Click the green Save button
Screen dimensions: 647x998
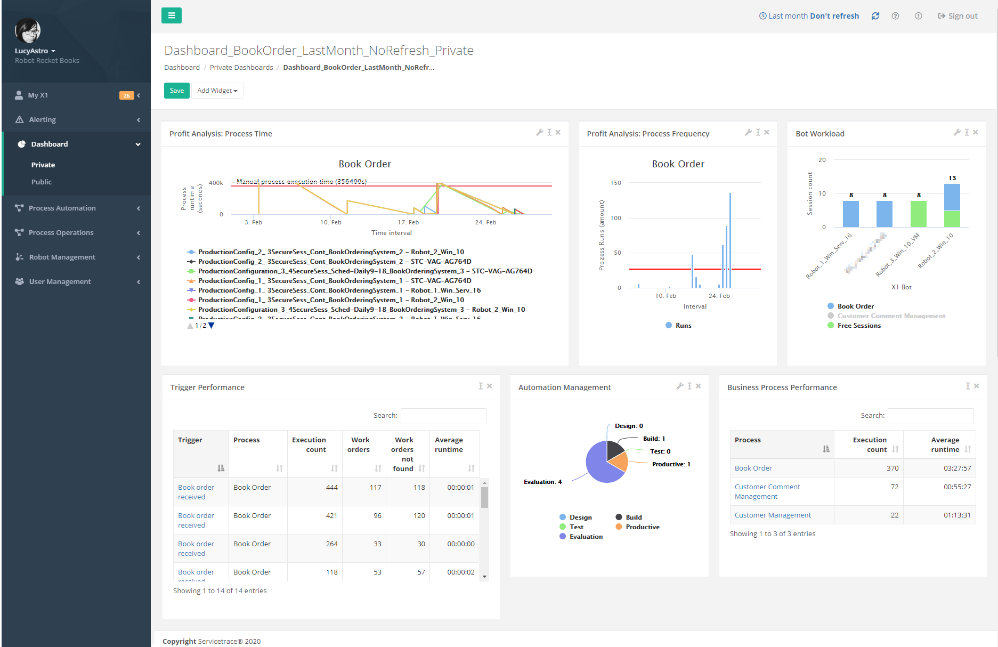pyautogui.click(x=176, y=91)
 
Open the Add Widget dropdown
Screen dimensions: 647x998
pyautogui.click(x=217, y=91)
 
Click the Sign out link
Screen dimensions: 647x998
pyautogui.click(x=958, y=16)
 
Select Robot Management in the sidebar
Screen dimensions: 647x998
pyautogui.click(x=62, y=257)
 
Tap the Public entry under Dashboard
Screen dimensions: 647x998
pyautogui.click(x=41, y=182)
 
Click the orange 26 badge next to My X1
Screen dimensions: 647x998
pyautogui.click(x=126, y=95)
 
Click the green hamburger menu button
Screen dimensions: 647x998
pyautogui.click(x=172, y=15)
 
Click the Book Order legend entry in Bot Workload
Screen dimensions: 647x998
pyautogui.click(x=855, y=306)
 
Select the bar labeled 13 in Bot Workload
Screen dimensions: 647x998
pyautogui.click(x=952, y=197)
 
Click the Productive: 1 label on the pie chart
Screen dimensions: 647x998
pyautogui.click(x=671, y=464)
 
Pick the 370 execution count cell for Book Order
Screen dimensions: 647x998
pyautogui.click(x=892, y=468)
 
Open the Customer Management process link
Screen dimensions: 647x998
pyautogui.click(x=772, y=515)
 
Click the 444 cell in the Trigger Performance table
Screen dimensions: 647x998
pyautogui.click(x=331, y=487)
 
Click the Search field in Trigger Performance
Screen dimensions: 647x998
pyautogui.click(x=443, y=416)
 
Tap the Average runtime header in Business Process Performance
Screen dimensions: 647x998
pyautogui.click(x=945, y=444)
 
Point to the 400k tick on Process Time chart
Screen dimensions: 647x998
pyautogui.click(x=216, y=183)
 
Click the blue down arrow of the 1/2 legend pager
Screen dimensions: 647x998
pyautogui.click(x=212, y=326)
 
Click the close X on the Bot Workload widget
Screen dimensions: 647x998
pyautogui.click(x=975, y=132)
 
